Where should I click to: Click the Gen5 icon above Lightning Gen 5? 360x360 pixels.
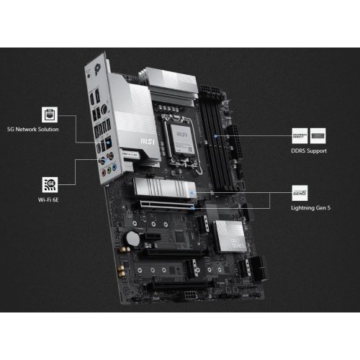(300, 192)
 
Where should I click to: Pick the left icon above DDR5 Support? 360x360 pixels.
(300, 135)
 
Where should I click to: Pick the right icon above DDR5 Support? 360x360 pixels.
(317, 135)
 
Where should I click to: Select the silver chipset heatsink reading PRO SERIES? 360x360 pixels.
(230, 236)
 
